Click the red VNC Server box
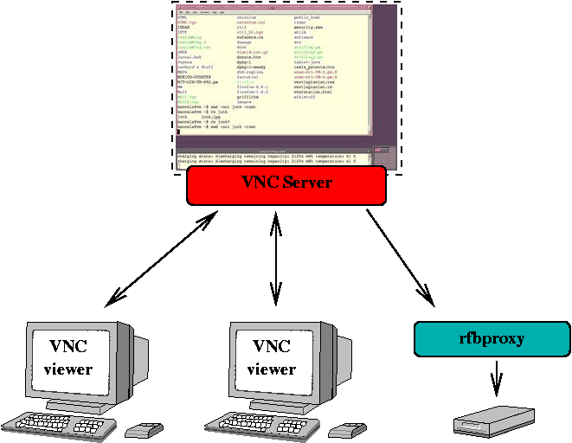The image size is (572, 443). click(x=286, y=184)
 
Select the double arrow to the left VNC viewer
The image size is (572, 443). click(x=162, y=260)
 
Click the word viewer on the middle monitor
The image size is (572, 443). click(x=272, y=369)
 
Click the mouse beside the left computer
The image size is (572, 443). click(x=145, y=429)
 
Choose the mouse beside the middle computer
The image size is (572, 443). click(x=348, y=429)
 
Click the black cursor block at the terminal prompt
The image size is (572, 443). click(x=178, y=132)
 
